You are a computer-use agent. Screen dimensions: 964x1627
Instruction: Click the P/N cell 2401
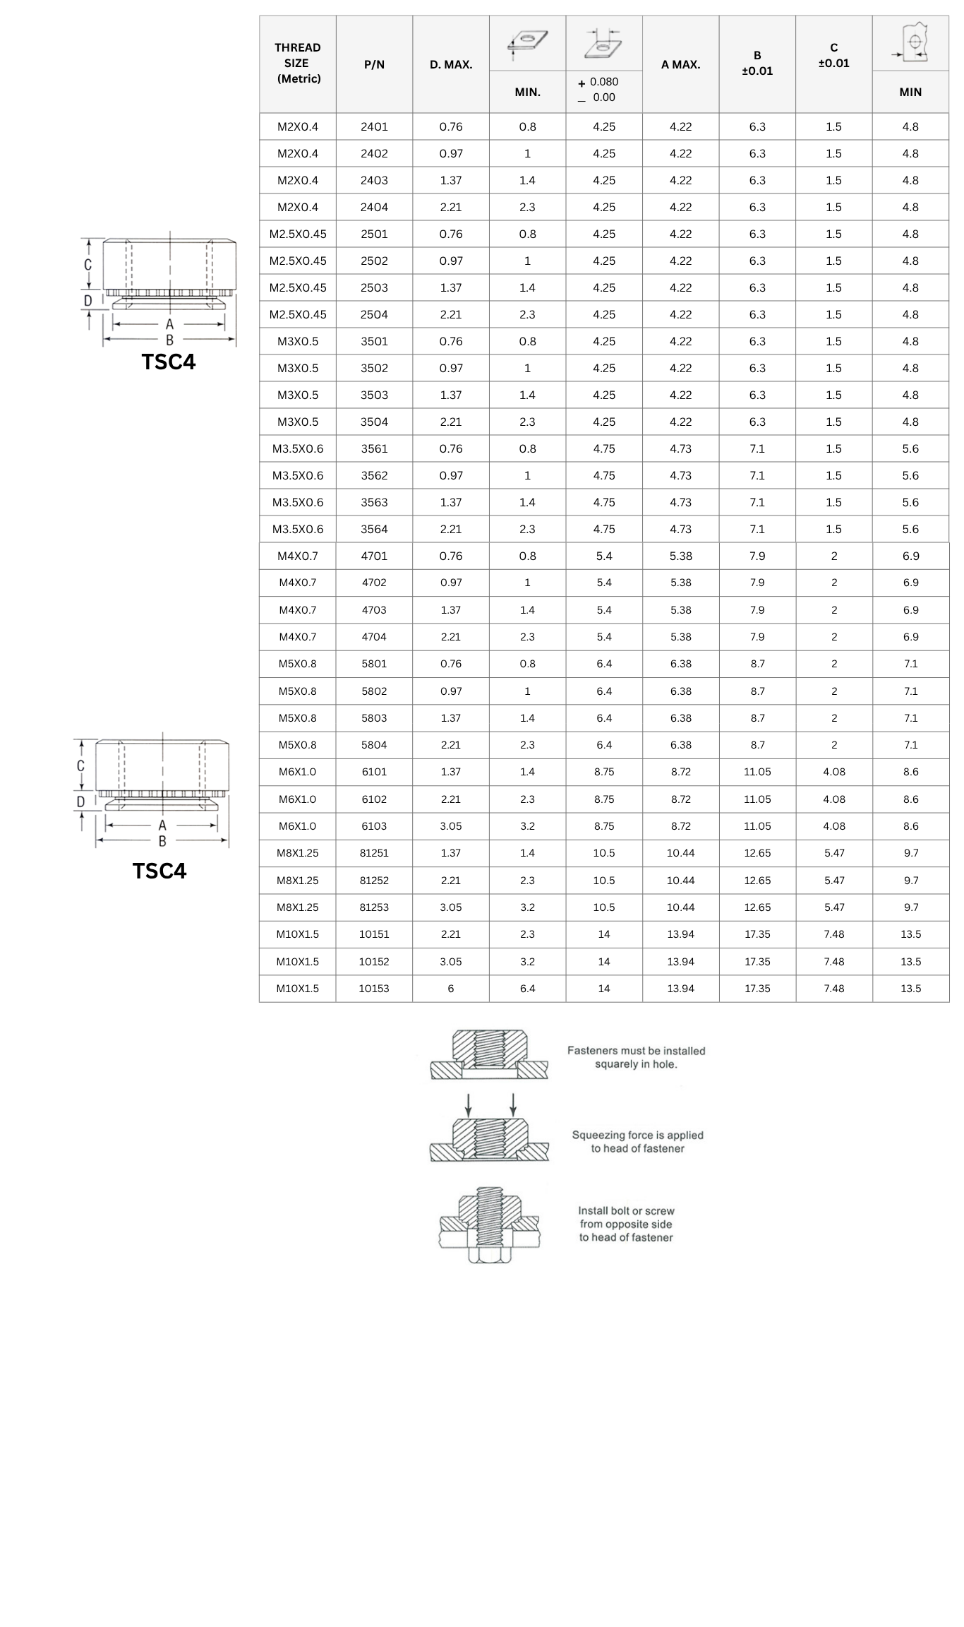click(x=374, y=126)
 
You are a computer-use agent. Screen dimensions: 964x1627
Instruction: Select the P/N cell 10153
click(x=374, y=989)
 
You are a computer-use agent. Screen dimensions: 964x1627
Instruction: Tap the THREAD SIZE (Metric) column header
click(x=298, y=63)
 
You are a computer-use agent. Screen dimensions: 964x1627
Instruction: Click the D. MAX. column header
click(x=451, y=64)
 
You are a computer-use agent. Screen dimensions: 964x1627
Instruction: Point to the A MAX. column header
click(x=681, y=64)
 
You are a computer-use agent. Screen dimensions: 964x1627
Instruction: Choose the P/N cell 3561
click(x=374, y=448)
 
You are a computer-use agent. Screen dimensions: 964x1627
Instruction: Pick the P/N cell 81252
click(x=374, y=881)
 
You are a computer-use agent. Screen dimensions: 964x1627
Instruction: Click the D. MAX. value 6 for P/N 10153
click(x=451, y=989)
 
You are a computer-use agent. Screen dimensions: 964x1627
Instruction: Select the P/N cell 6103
click(x=374, y=826)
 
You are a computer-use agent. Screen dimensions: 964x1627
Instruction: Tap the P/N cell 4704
click(x=374, y=637)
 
